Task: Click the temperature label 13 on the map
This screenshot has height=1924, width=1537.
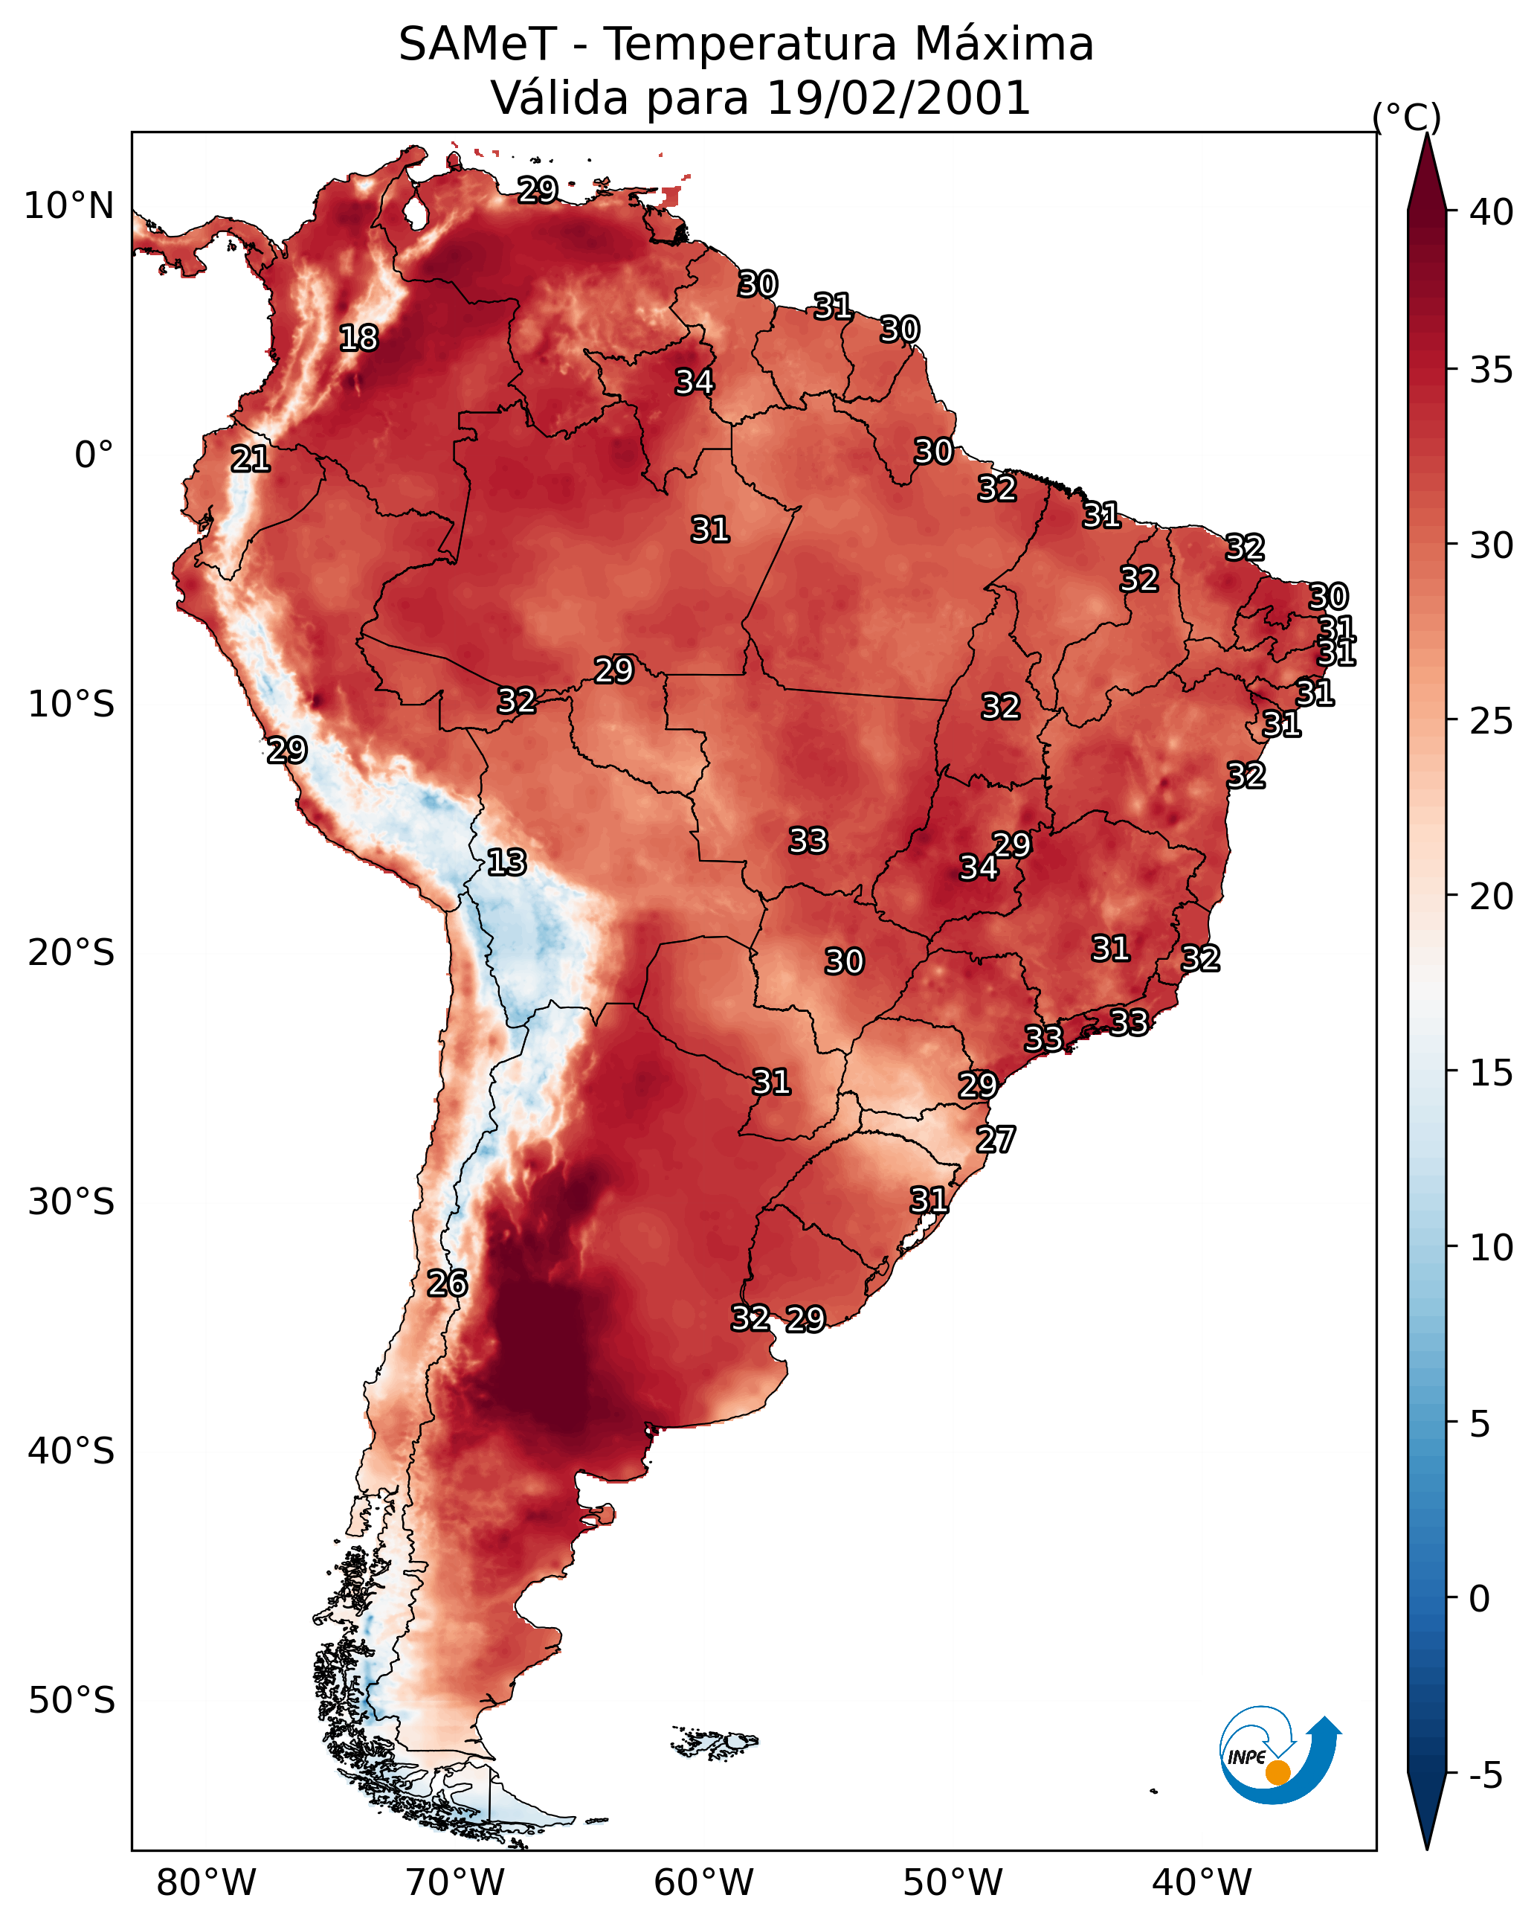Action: [506, 862]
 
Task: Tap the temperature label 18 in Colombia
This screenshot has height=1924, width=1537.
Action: [358, 339]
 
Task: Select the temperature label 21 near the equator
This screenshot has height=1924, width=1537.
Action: [250, 460]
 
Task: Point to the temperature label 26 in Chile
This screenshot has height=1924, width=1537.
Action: [447, 1283]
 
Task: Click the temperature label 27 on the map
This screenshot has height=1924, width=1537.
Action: [996, 1140]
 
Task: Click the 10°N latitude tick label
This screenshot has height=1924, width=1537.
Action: [68, 206]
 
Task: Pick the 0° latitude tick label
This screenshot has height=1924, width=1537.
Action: [94, 455]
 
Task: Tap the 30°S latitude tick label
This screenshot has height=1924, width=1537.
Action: [71, 1202]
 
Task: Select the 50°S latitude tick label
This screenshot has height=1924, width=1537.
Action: [71, 1701]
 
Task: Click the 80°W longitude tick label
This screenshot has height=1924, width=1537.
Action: [206, 1882]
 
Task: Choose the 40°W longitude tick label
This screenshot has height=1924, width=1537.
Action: [1202, 1882]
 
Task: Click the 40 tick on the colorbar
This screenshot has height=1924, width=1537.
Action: [1492, 212]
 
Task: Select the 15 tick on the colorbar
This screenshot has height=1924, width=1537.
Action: [1492, 1073]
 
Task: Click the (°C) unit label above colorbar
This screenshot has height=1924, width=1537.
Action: [1406, 117]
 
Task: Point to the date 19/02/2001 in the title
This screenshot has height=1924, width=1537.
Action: [898, 98]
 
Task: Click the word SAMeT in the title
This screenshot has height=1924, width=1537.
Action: [477, 45]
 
